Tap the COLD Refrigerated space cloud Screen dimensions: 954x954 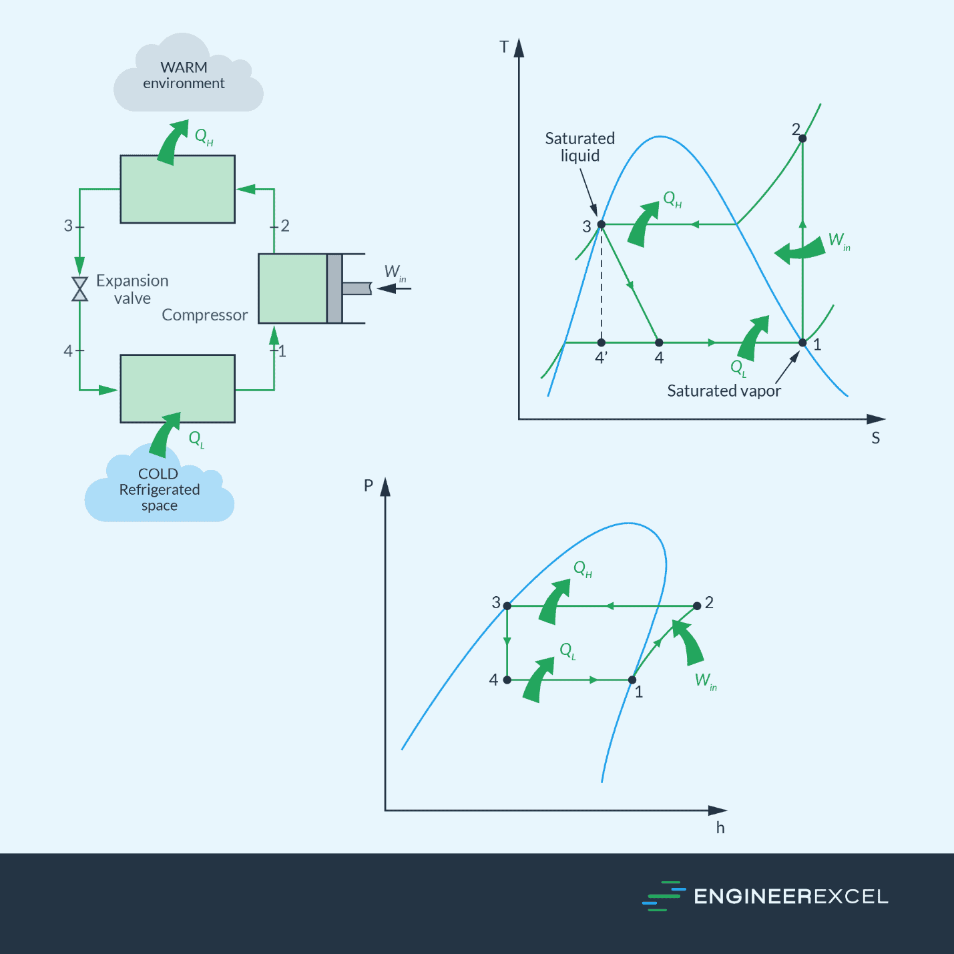click(x=159, y=491)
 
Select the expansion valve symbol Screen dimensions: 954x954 click(x=80, y=289)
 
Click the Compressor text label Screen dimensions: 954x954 click(x=204, y=315)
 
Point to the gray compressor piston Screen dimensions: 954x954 click(x=334, y=288)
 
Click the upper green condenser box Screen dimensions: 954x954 click(x=178, y=190)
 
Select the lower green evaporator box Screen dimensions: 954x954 click(x=178, y=389)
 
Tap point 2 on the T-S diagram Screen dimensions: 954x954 click(x=802, y=138)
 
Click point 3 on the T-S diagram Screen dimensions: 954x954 click(x=601, y=224)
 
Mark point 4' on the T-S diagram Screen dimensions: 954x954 click(x=602, y=342)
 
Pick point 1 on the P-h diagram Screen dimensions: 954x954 click(x=632, y=680)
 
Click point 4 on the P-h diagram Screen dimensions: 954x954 click(x=507, y=680)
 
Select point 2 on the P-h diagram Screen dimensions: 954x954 click(x=697, y=606)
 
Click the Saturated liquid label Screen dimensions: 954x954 click(x=579, y=147)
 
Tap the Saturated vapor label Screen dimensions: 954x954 click(x=724, y=391)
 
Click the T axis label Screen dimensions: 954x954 click(x=504, y=47)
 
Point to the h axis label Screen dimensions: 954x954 click(x=720, y=828)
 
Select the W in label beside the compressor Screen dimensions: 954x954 click(x=395, y=273)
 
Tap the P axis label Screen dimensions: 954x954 click(x=368, y=485)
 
